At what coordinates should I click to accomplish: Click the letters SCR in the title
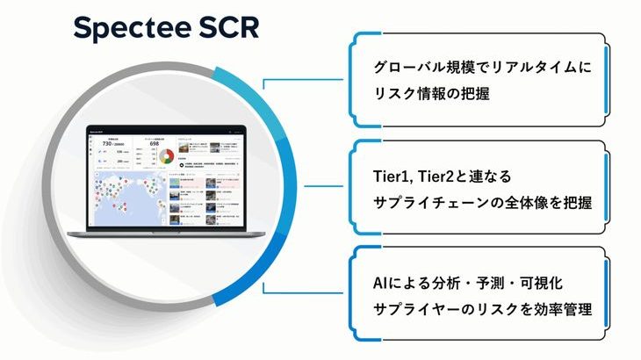(x=223, y=28)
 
